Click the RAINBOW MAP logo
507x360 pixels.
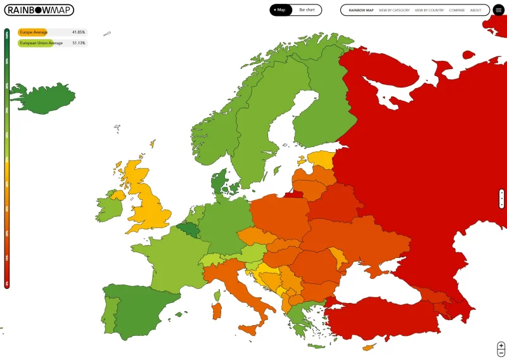coord(39,10)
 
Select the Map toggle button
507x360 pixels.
coord(279,10)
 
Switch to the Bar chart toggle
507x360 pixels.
coord(307,10)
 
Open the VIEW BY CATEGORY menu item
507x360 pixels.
coord(394,10)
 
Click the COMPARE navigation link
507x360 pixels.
coord(457,10)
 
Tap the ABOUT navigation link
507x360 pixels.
coord(476,10)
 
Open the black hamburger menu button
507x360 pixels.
coord(499,10)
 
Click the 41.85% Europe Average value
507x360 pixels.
coord(79,32)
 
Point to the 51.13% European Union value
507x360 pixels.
coord(79,43)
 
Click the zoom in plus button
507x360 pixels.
coord(501,345)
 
